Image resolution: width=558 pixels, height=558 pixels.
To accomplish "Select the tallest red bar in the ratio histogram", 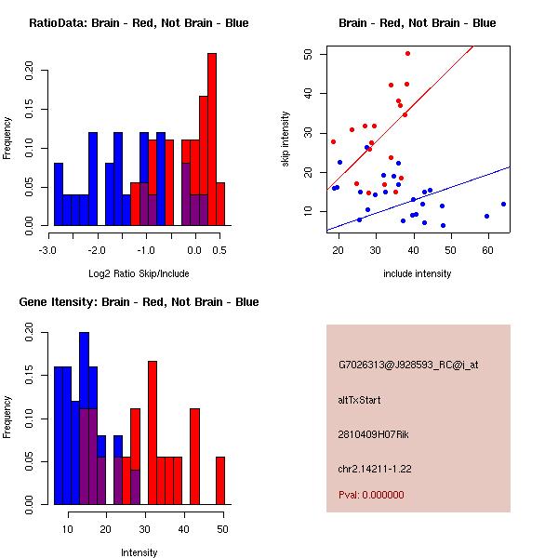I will pyautogui.click(x=212, y=139).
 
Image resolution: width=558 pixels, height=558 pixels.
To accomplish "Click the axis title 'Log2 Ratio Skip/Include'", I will pyautogui.click(x=139, y=273).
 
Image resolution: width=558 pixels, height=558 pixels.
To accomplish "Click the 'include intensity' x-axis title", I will pyautogui.click(x=418, y=273).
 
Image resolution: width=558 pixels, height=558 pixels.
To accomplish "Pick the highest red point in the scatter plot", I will pyautogui.click(x=407, y=54).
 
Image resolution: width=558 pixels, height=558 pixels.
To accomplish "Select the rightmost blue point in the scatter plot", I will pyautogui.click(x=503, y=204).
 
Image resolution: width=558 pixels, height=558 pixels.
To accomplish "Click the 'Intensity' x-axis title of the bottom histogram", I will pyautogui.click(x=139, y=552).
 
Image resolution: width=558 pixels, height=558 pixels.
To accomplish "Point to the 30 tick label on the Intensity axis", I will pyautogui.click(x=144, y=528).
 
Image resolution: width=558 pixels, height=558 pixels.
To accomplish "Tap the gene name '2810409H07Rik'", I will pyautogui.click(x=374, y=434).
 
